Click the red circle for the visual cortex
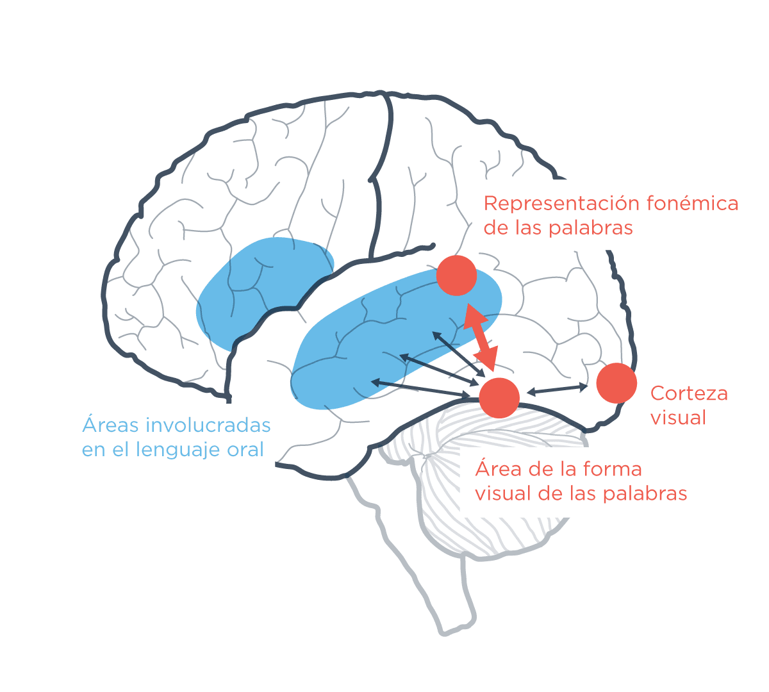point(616,383)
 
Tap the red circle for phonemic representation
point(456,276)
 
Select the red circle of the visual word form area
point(499,397)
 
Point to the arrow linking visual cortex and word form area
point(557,389)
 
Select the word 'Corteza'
point(689,393)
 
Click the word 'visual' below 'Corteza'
point(678,418)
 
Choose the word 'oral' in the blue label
point(246,450)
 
